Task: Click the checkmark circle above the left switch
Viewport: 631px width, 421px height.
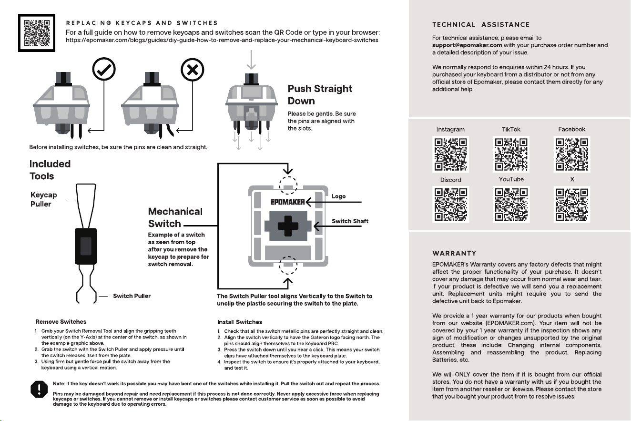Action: (x=104, y=69)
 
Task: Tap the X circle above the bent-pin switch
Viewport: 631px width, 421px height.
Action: (x=193, y=70)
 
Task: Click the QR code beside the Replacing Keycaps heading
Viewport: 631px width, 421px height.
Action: (x=37, y=33)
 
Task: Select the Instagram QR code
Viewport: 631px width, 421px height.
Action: (x=451, y=154)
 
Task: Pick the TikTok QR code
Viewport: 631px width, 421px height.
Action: (x=511, y=154)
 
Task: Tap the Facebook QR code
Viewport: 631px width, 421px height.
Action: (x=572, y=154)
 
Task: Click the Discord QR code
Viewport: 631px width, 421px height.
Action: (x=451, y=204)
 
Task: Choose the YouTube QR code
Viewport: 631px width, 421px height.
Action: (x=511, y=204)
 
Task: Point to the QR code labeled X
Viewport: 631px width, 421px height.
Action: (x=572, y=204)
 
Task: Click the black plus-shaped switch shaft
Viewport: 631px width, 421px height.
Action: (x=288, y=226)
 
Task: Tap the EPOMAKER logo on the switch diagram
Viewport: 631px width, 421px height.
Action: (x=287, y=202)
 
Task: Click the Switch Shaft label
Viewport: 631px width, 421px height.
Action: (x=350, y=221)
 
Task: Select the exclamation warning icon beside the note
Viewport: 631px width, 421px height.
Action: (x=39, y=390)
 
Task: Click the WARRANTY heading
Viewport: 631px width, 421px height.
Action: (x=454, y=253)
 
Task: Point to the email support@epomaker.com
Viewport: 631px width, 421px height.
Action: (x=467, y=45)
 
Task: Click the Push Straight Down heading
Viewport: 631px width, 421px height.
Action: (x=320, y=95)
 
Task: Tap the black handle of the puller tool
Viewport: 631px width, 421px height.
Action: (x=86, y=246)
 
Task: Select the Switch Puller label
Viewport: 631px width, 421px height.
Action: (x=132, y=296)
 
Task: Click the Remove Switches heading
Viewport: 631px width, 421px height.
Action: (x=61, y=322)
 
